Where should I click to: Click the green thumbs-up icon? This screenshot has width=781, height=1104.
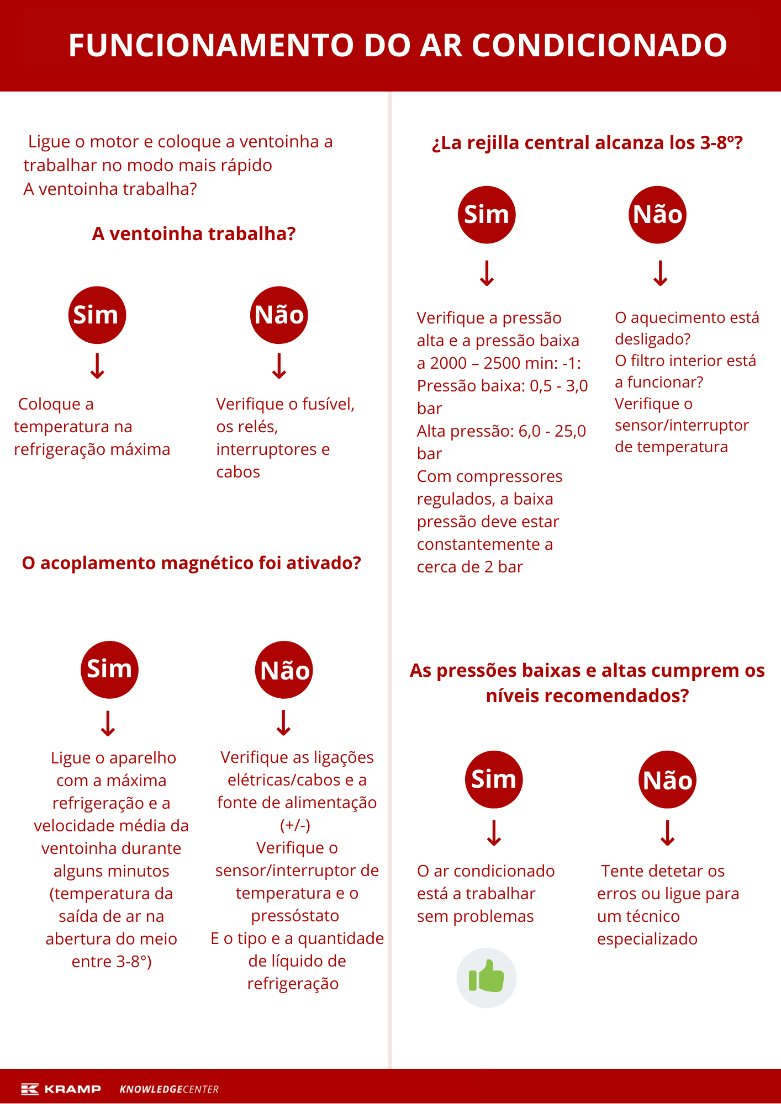486,978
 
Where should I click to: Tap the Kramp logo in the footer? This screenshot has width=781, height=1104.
61,1089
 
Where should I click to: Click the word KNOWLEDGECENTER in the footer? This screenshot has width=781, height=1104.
169,1089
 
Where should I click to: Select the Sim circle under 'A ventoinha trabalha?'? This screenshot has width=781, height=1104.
97,315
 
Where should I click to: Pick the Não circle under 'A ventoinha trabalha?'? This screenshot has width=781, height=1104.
279,315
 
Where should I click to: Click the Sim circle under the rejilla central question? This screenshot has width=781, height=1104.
487,215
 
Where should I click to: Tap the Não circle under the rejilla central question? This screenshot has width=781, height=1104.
657,215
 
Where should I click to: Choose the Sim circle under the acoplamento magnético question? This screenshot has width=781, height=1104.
109,670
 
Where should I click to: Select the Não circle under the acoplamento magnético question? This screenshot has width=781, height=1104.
284,670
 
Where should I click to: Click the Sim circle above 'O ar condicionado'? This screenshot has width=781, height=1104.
494,779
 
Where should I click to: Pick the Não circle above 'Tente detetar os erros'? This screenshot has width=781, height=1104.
667,780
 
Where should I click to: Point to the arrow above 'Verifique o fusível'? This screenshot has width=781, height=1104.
279,366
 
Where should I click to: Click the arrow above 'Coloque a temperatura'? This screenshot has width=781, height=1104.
98,366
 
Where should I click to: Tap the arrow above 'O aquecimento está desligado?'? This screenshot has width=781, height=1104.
661,273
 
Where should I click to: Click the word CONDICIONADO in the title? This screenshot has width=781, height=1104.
599,45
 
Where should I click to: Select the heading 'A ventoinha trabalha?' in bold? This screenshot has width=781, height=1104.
194,234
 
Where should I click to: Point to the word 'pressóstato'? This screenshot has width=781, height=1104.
295,916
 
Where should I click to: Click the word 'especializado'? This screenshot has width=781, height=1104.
647,939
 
